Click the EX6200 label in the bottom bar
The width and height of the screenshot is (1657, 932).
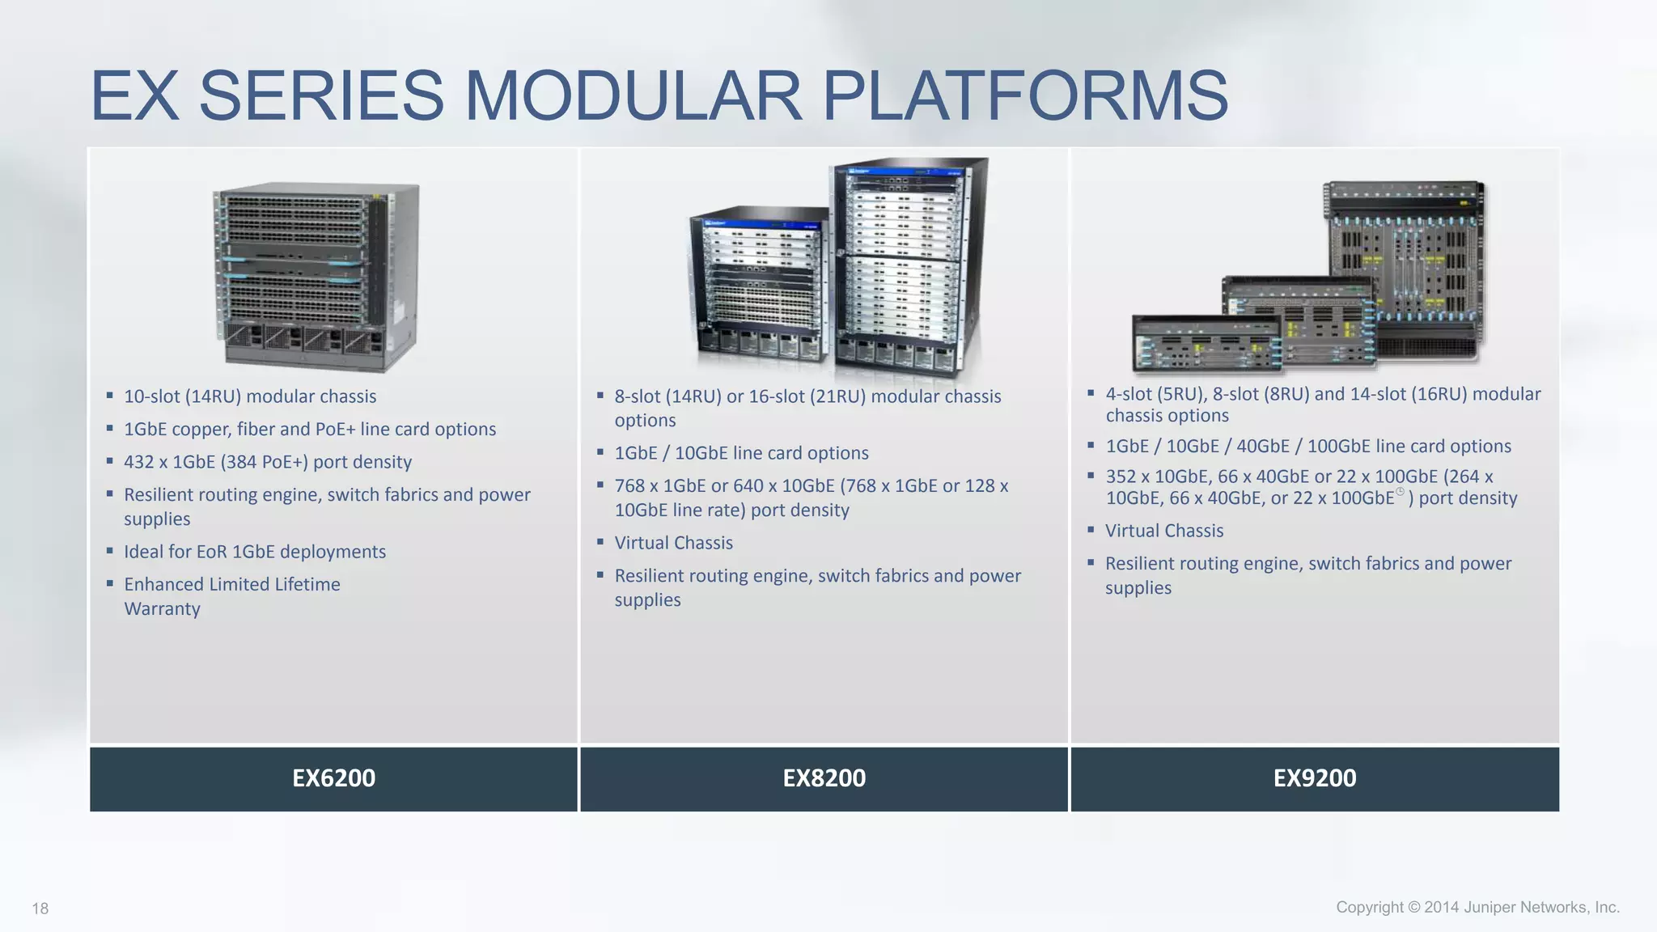(x=333, y=778)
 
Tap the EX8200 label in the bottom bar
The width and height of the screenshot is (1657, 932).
(x=824, y=778)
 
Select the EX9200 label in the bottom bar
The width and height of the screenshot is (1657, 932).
(x=1315, y=778)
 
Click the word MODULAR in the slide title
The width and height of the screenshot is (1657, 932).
(x=632, y=95)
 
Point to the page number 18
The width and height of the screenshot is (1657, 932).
(x=40, y=909)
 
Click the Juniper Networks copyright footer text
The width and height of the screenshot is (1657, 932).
(x=1477, y=907)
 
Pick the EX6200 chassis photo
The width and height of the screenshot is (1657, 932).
(x=316, y=277)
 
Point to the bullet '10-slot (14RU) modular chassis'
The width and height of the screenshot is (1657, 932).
(x=250, y=396)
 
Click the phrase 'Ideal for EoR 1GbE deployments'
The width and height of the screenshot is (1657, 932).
(x=255, y=552)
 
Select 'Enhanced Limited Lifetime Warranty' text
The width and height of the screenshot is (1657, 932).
(x=231, y=595)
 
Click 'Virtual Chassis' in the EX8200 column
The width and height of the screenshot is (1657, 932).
(x=673, y=543)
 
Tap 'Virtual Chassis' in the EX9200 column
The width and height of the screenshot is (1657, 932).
(x=1164, y=531)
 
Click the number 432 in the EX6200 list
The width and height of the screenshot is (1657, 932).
(x=138, y=462)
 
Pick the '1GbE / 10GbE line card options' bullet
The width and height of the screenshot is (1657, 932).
(x=741, y=453)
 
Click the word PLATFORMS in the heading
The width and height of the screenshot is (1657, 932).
(x=1024, y=95)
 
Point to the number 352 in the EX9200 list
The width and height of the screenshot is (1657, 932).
(x=1121, y=477)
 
